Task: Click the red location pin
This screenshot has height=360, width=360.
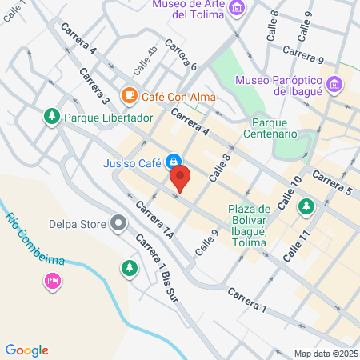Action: click(x=181, y=178)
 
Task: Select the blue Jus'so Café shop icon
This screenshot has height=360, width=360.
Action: click(x=173, y=161)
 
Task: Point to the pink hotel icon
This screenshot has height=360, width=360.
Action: click(x=52, y=280)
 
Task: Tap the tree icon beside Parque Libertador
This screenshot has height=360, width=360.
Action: click(x=52, y=118)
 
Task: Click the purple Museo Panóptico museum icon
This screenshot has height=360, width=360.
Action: click(x=334, y=82)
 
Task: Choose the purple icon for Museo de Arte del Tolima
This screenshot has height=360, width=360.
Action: click(x=237, y=9)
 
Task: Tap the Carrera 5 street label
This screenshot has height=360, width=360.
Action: click(x=331, y=183)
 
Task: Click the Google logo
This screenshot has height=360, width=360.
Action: click(x=27, y=350)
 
